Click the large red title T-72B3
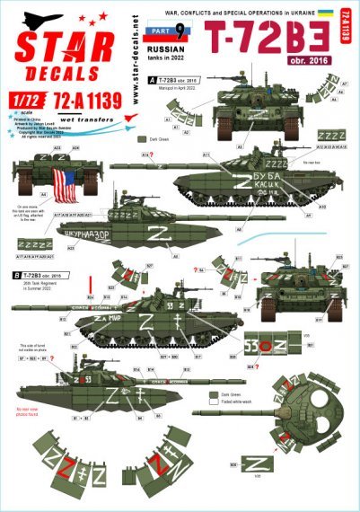pyautogui.click(x=269, y=36)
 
